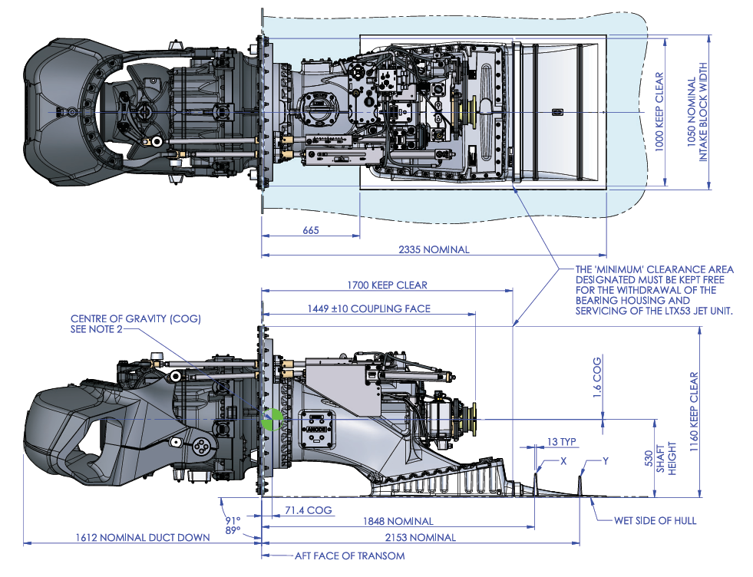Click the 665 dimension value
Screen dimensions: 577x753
pyautogui.click(x=310, y=230)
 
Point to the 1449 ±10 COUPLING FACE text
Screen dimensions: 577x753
pyautogui.click(x=368, y=308)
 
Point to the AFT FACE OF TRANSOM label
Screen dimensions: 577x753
pyautogui.click(x=349, y=556)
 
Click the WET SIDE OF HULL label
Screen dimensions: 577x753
pyautogui.click(x=656, y=520)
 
